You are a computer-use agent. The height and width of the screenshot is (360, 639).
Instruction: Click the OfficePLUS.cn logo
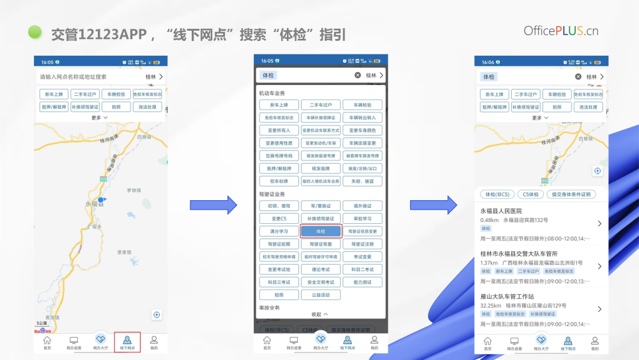click(x=560, y=31)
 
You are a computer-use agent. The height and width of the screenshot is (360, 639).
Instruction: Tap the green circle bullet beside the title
click(x=36, y=32)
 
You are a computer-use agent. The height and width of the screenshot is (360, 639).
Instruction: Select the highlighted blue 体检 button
click(x=321, y=231)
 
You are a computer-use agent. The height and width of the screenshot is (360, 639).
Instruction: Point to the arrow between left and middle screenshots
click(x=213, y=205)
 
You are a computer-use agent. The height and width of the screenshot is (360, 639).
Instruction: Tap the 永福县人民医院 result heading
click(x=502, y=211)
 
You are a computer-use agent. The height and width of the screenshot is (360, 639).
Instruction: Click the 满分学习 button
click(x=279, y=231)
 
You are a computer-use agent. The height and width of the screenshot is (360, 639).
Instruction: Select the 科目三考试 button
click(x=279, y=282)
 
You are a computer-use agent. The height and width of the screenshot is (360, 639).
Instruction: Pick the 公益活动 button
click(x=321, y=295)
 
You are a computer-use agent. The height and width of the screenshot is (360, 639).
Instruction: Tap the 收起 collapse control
click(x=320, y=314)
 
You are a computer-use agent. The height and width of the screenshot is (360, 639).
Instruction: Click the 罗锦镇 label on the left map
click(x=133, y=190)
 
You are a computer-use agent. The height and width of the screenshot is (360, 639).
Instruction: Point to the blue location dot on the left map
click(x=101, y=200)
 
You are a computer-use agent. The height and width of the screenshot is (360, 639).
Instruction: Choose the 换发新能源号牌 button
click(x=321, y=155)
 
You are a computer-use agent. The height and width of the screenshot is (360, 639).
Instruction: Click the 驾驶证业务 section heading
click(x=272, y=194)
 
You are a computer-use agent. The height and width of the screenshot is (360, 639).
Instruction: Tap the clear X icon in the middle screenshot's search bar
click(x=358, y=75)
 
